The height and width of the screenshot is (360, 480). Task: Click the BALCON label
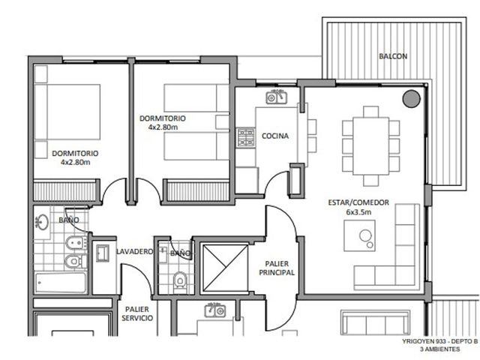393,56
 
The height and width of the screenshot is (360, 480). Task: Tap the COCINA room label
275,136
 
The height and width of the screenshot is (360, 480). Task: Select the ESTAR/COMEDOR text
358,202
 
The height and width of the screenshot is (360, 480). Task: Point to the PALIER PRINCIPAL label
277,268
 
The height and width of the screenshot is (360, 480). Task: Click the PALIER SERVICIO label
137,313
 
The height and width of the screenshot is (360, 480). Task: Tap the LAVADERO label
134,252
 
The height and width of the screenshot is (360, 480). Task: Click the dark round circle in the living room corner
412,98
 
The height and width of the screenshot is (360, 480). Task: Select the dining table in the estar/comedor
370,146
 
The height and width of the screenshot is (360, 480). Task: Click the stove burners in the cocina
246,137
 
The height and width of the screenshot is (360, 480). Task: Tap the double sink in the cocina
277,97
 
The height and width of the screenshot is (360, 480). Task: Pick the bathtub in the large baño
60,282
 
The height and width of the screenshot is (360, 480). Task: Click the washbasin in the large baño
42,222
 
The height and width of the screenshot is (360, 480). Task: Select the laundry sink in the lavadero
103,253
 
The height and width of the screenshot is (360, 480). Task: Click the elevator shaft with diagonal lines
225,268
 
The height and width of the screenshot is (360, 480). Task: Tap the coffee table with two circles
359,235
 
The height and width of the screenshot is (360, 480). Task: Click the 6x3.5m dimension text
358,211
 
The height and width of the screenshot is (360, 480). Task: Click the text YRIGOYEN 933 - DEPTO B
440,342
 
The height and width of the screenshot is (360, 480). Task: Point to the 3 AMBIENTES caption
440,349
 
